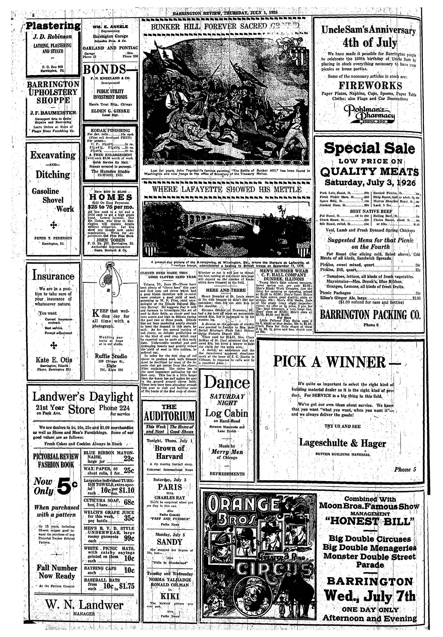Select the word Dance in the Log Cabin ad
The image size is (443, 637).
[x=227, y=382]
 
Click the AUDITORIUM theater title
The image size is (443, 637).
[x=169, y=416]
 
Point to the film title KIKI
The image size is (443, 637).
[x=169, y=596]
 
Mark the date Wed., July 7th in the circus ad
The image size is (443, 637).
[x=370, y=596]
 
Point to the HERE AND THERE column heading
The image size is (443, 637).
[x=226, y=290]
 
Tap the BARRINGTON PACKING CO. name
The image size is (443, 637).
[x=370, y=315]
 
